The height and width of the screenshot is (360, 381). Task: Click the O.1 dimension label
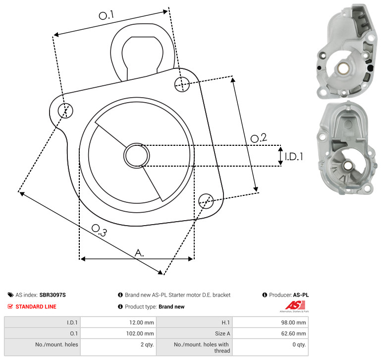107,15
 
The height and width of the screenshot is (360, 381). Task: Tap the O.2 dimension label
259,138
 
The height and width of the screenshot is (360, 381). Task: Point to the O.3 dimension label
99,231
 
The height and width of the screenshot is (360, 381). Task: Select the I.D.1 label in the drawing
294,157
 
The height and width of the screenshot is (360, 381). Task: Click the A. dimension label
139,253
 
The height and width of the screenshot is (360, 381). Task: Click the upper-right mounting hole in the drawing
182,84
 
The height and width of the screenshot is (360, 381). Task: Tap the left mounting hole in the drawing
65,111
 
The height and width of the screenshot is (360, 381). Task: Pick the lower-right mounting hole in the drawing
206,201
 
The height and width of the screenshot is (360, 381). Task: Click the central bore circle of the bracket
137,156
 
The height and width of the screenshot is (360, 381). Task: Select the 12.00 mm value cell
118,322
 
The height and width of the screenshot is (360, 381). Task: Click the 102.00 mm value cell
118,333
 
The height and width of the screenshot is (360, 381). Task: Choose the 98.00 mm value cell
271,322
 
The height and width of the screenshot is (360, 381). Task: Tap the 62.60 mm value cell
271,333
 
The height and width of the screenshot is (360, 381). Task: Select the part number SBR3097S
53,295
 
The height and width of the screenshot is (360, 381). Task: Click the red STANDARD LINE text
36,306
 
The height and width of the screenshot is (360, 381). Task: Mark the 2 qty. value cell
118,347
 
